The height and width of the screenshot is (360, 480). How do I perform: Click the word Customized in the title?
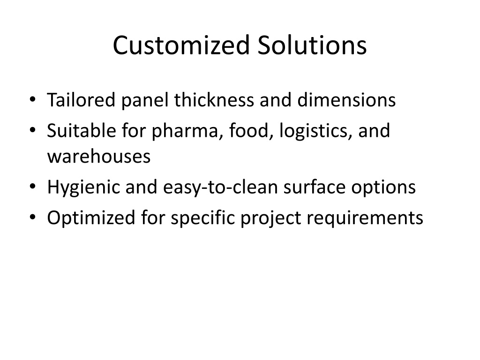click(181, 45)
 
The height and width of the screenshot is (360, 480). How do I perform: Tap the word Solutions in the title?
click(312, 45)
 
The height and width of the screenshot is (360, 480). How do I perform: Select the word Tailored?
click(81, 100)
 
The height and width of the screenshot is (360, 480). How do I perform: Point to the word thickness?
click(214, 100)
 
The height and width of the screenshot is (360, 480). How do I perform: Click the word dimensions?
click(346, 100)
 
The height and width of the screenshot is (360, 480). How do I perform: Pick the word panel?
click(145, 100)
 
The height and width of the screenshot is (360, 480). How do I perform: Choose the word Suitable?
click(82, 130)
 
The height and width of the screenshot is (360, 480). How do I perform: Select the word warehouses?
click(99, 156)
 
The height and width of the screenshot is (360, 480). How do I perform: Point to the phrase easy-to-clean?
click(220, 187)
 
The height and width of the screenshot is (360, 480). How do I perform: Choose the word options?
click(383, 187)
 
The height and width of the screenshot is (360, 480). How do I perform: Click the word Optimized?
click(91, 218)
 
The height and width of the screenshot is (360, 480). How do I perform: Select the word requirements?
click(365, 218)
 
